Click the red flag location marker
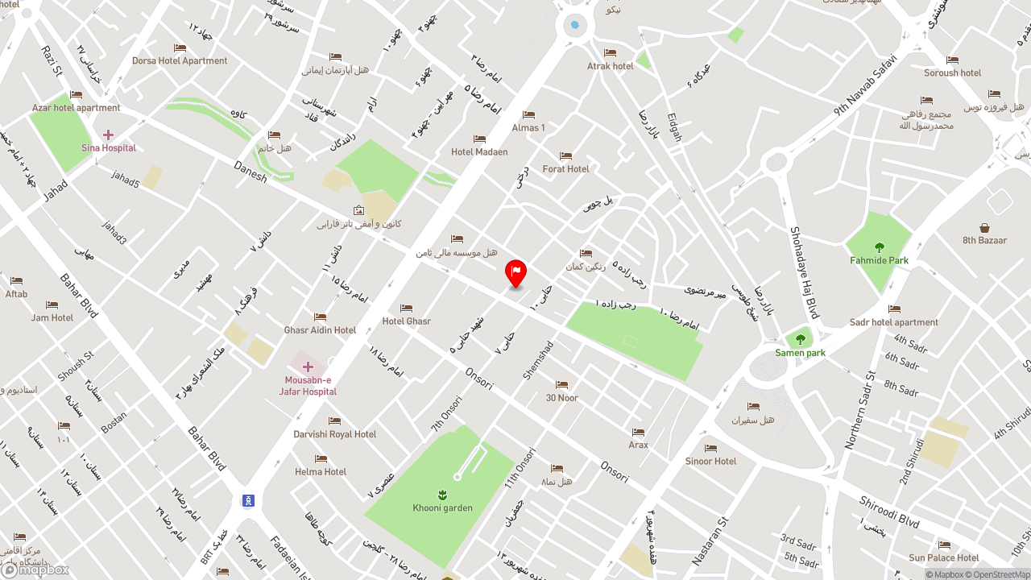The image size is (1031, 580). click(515, 272)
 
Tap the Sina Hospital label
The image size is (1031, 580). click(109, 148)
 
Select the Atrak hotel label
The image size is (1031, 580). click(610, 66)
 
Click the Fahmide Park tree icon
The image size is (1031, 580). click(879, 247)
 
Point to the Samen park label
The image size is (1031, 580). click(800, 353)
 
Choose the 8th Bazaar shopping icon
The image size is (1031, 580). click(984, 228)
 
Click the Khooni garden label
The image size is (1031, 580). click(442, 508)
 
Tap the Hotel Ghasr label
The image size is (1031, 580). click(407, 321)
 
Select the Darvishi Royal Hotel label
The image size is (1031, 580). click(335, 434)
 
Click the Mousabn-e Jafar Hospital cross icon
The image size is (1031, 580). click(308, 367)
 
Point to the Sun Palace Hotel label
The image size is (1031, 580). click(944, 557)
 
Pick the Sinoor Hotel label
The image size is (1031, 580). click(710, 462)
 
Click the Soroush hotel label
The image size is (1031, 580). click(952, 72)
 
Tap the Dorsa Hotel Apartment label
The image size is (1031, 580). click(180, 60)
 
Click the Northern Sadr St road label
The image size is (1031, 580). click(859, 411)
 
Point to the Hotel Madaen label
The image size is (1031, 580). click(479, 152)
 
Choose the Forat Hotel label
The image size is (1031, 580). click(565, 169)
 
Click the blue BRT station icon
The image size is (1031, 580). click(248, 501)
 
